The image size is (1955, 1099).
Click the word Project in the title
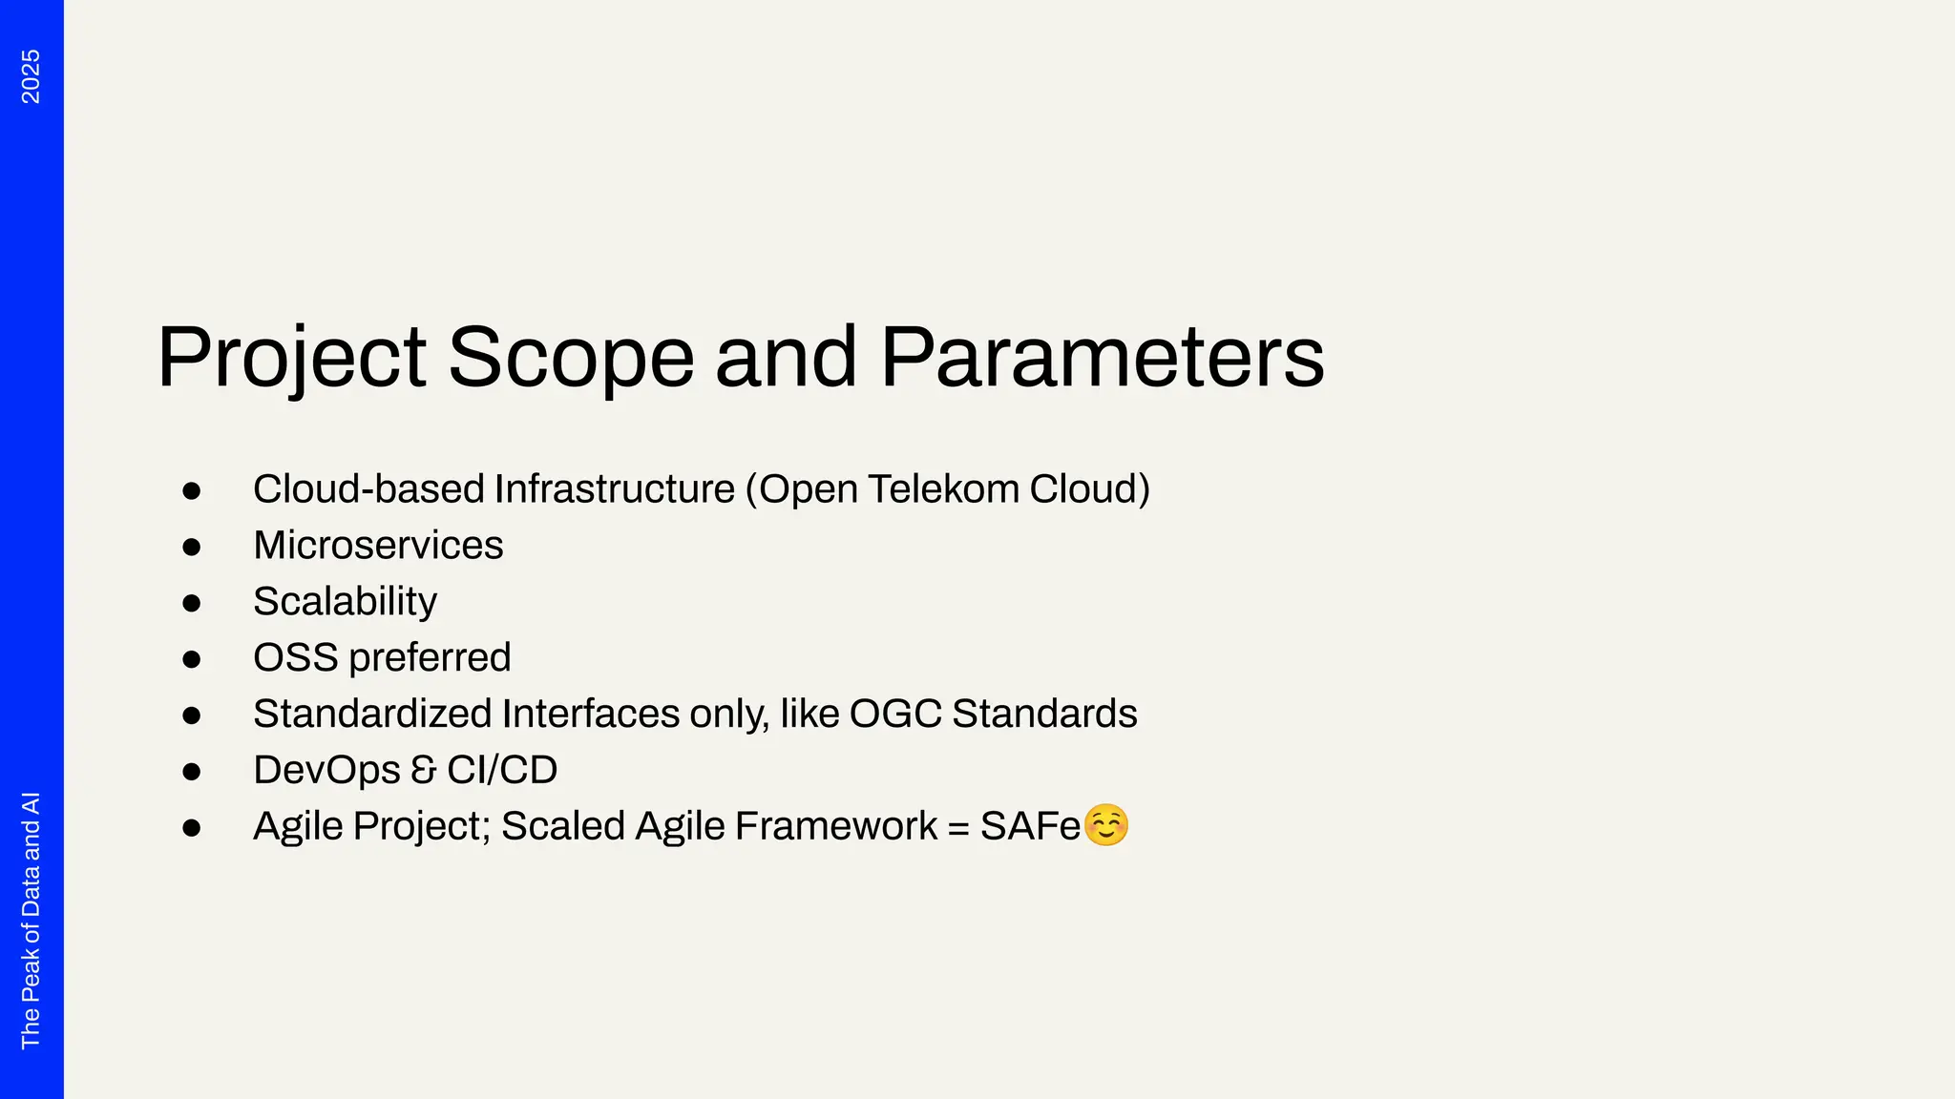pos(291,358)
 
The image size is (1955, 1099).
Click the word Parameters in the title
pos(1102,358)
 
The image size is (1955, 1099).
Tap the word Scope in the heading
pos(570,358)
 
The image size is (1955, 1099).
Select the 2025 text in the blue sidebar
pos(31,76)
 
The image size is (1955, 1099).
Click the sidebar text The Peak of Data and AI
pos(31,920)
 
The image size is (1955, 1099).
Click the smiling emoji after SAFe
pos(1106,825)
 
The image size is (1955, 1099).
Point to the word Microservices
pos(378,546)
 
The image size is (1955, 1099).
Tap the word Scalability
pos(345,602)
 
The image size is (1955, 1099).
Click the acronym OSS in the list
pos(295,657)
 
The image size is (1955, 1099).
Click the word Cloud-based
pos(368,489)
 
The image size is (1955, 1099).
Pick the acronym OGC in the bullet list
pos(894,714)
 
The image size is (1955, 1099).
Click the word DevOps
pos(326,770)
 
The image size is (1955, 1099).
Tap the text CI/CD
pos(502,770)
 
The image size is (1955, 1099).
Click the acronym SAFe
pos(1029,826)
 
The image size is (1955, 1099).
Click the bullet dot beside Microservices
pos(192,547)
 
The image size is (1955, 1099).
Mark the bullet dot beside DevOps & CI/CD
pos(192,771)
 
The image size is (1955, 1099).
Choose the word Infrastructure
pos(614,489)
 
